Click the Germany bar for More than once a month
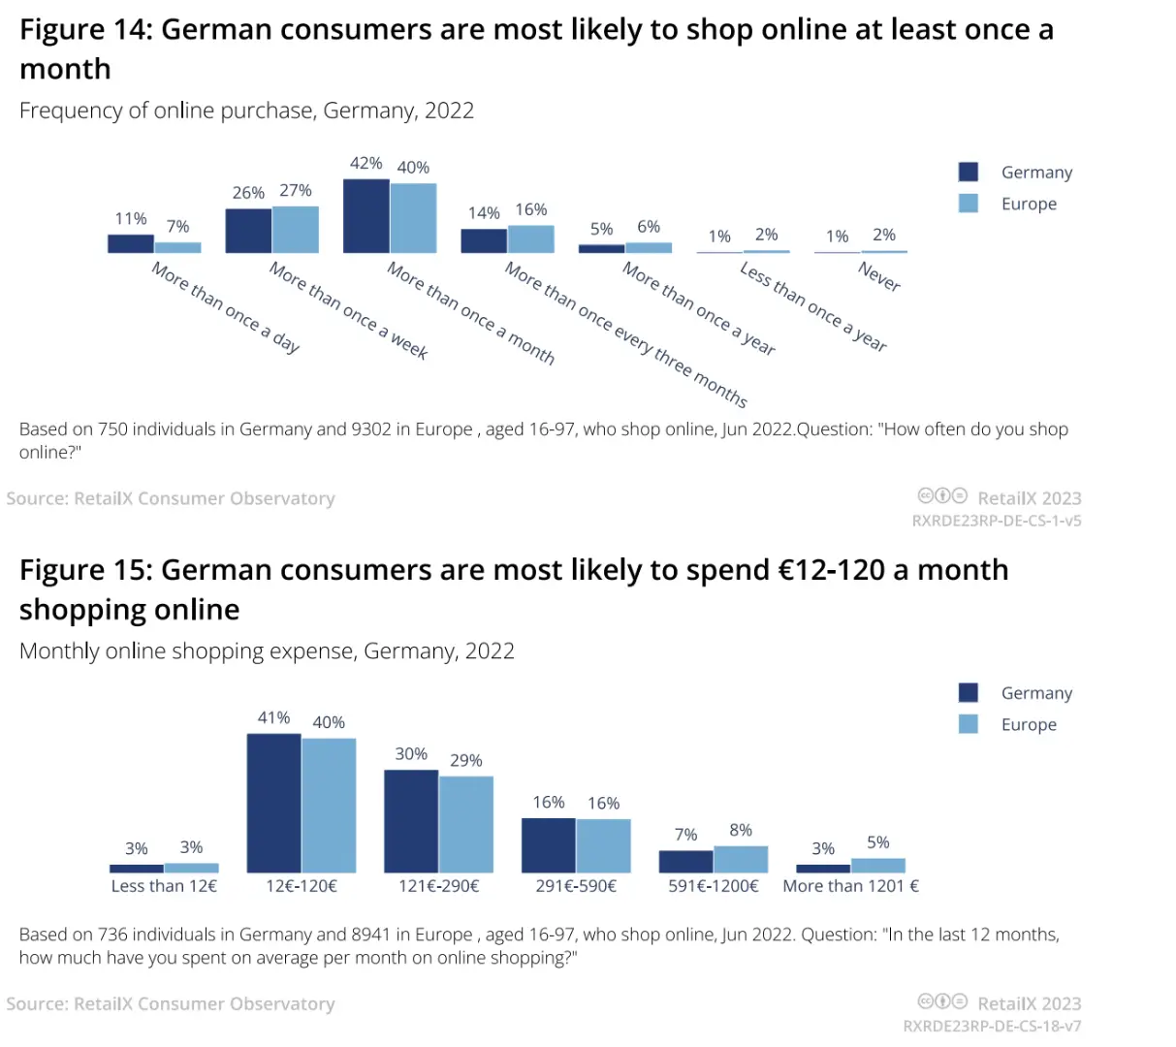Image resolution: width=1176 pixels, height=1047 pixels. (366, 216)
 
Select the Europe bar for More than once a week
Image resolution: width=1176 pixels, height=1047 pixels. (296, 230)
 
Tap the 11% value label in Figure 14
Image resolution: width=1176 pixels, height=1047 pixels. (131, 219)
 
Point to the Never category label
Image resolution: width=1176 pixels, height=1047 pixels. (879, 276)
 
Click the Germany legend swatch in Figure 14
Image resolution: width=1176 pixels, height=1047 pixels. (968, 172)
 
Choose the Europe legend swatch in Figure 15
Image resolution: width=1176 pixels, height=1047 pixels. (968, 724)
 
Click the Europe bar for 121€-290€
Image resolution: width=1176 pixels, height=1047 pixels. (466, 824)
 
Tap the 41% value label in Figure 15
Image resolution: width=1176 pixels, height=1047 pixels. (273, 717)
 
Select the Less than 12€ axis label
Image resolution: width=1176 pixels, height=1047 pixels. (164, 886)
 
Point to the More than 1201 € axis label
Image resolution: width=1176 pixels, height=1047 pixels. (850, 886)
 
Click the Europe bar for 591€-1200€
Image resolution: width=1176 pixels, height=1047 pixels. (741, 859)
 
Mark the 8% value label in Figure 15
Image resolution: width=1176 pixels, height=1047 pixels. (741, 830)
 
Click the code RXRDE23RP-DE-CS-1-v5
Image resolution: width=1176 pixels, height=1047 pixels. (997, 521)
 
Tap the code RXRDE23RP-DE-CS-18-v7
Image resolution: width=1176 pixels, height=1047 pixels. (992, 1026)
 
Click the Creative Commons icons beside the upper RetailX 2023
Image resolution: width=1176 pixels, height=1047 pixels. (942, 496)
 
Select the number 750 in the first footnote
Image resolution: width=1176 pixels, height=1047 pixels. (112, 429)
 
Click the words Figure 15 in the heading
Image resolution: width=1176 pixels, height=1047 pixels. (82, 570)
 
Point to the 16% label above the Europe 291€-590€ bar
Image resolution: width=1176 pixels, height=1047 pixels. (603, 803)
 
